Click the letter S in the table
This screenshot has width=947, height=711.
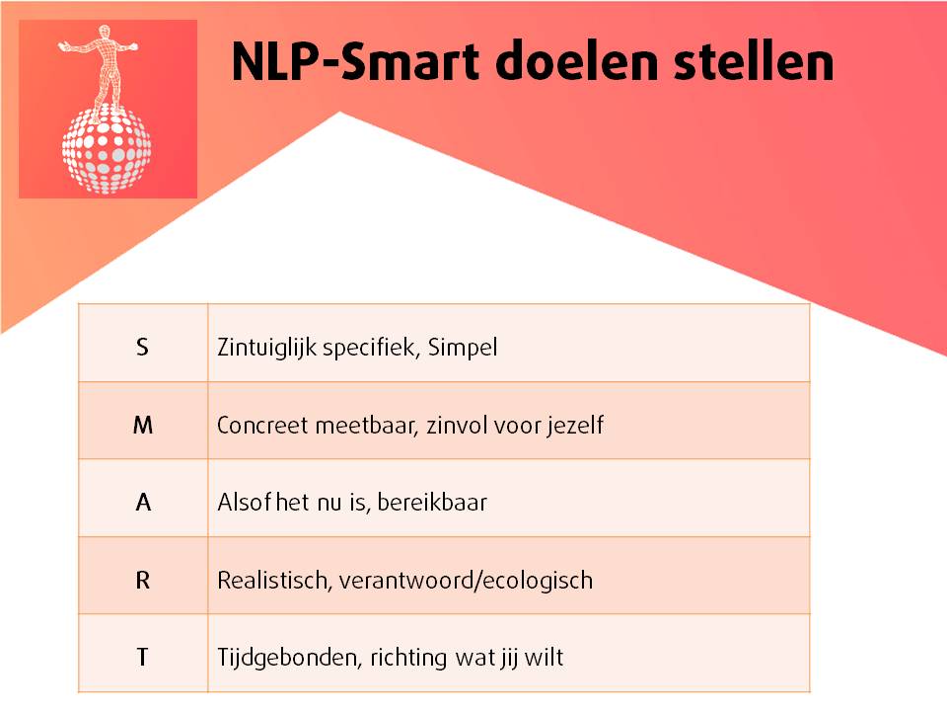pos(143,348)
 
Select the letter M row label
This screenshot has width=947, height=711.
pos(143,426)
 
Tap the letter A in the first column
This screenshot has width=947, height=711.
pos(143,502)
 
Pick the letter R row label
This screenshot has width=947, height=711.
pos(143,580)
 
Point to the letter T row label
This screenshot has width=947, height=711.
pos(143,657)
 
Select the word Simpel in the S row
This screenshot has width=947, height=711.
pos(463,349)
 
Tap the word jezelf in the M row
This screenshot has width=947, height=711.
pos(574,426)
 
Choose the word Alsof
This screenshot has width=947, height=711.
pos(240,502)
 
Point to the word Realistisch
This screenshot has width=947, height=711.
pos(273,580)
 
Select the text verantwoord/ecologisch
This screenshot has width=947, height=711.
pos(466,580)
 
